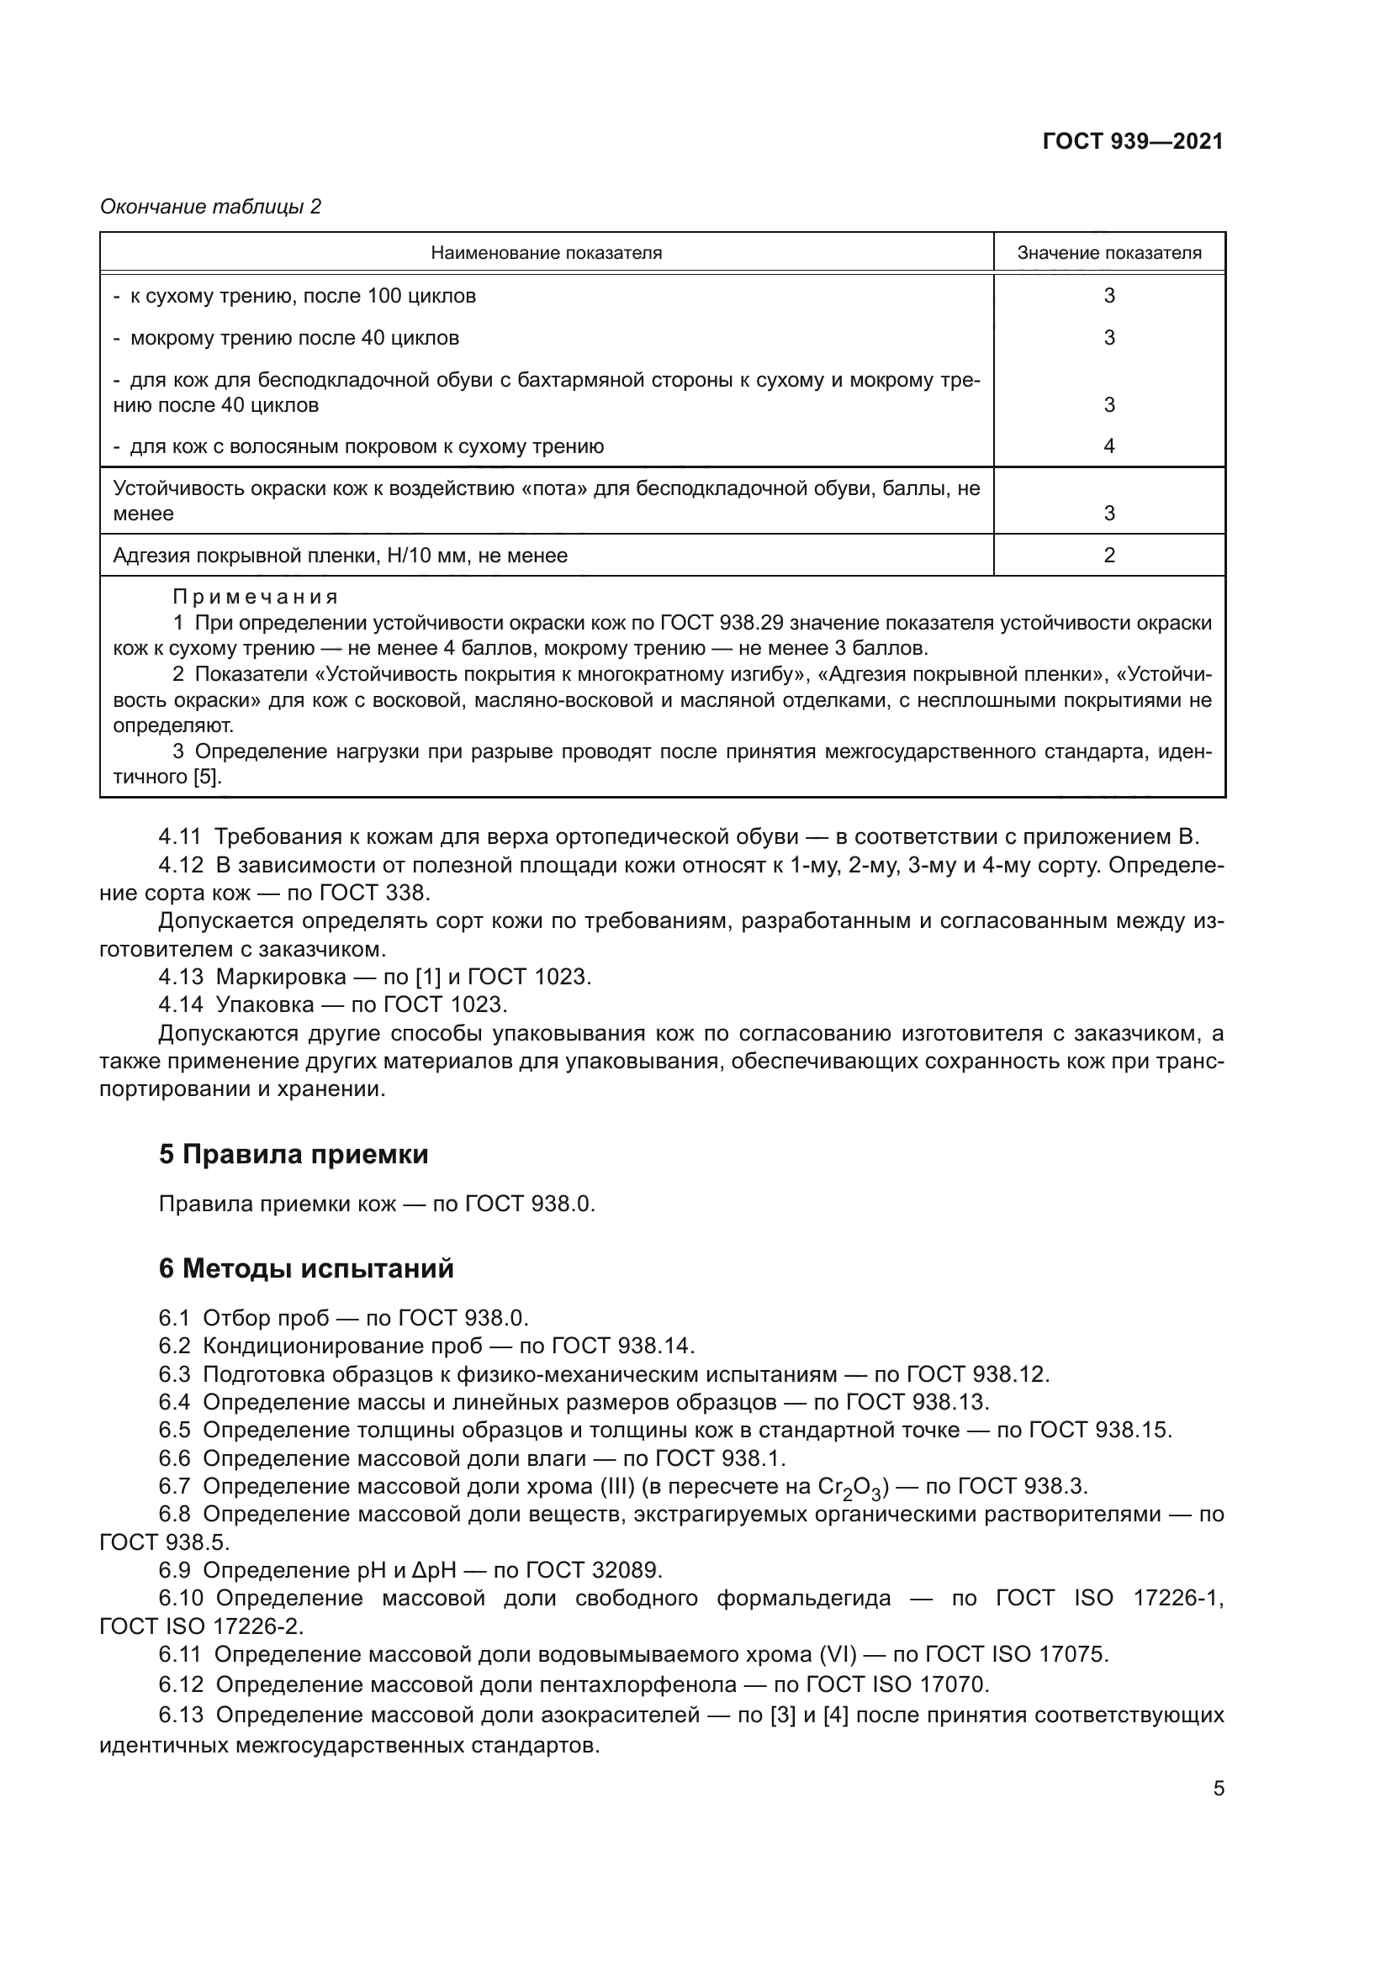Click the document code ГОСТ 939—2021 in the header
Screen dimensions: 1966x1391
point(1132,141)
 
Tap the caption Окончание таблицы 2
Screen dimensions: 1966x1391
point(211,207)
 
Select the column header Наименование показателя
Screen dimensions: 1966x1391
point(546,253)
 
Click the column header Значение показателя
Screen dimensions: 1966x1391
point(1108,253)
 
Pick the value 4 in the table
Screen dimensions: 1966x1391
point(1108,445)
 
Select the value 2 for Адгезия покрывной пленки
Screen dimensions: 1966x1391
point(1108,555)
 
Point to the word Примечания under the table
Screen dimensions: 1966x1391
point(256,596)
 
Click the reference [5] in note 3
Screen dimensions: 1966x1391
point(206,777)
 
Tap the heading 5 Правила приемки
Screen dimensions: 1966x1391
point(293,1154)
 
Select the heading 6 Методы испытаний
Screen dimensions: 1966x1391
point(306,1268)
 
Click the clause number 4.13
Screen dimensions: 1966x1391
point(181,976)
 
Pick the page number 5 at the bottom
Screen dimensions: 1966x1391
point(1218,1788)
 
